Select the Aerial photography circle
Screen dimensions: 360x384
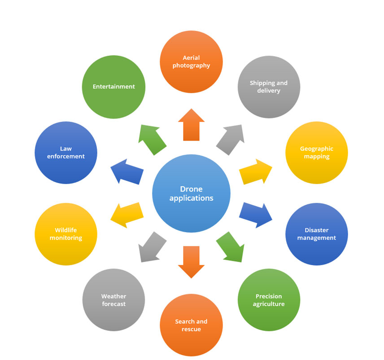point(191,61)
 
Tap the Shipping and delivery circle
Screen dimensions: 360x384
point(269,87)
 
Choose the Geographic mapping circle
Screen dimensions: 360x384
point(317,153)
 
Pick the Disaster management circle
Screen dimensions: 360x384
point(317,234)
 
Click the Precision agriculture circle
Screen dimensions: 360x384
point(269,300)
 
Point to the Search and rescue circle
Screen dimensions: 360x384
point(191,325)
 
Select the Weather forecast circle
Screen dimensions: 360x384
point(113,300)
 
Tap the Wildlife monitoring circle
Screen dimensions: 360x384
point(65,234)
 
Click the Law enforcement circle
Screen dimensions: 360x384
point(65,153)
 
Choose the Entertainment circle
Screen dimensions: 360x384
point(113,87)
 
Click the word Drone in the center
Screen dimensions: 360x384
point(191,189)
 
